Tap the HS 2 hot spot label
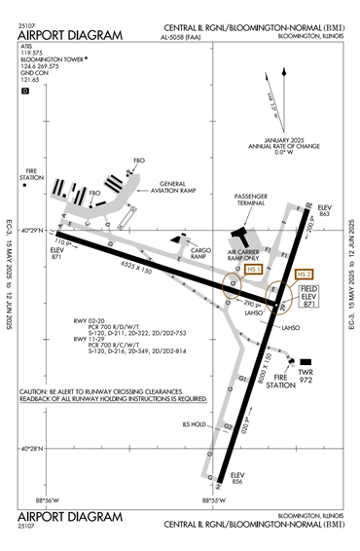(x=305, y=274)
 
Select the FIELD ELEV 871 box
(x=308, y=298)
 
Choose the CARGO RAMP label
(x=200, y=251)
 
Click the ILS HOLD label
(x=196, y=423)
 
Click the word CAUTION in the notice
(x=35, y=392)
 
